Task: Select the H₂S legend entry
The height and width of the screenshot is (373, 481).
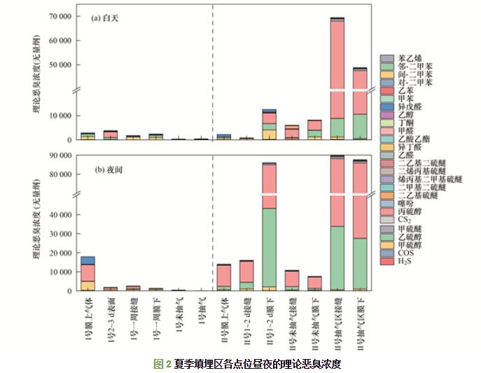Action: [405, 261]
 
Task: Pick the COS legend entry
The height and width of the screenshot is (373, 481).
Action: [406, 253]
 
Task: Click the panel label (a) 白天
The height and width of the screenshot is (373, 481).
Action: [106, 19]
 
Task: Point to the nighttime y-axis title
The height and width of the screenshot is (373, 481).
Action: [36, 221]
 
